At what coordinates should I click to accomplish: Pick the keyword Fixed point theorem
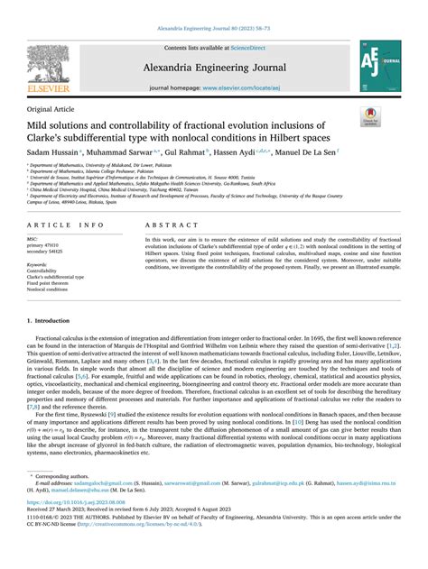55,283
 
